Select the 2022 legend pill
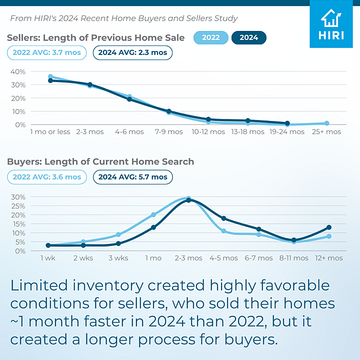coord(210,38)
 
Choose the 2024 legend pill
coord(248,38)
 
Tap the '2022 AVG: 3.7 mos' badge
coord(47,52)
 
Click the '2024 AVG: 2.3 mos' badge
coord(132,52)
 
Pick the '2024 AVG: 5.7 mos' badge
coord(132,177)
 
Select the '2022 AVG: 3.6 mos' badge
coord(47,177)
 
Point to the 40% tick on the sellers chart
coord(18,71)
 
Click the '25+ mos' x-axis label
coord(326,132)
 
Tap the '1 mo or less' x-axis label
coord(50,132)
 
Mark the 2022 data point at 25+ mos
coord(326,123)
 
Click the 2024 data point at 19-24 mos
coord(287,123)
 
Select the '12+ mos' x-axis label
coord(328,258)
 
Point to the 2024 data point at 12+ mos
coord(328,227)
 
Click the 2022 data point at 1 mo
coord(153,215)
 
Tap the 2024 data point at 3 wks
coord(118,243)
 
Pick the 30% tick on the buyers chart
coord(18,196)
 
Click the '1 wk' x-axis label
coord(48,258)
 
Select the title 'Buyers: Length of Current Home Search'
coord(100,162)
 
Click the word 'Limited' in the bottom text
coord(39,285)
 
